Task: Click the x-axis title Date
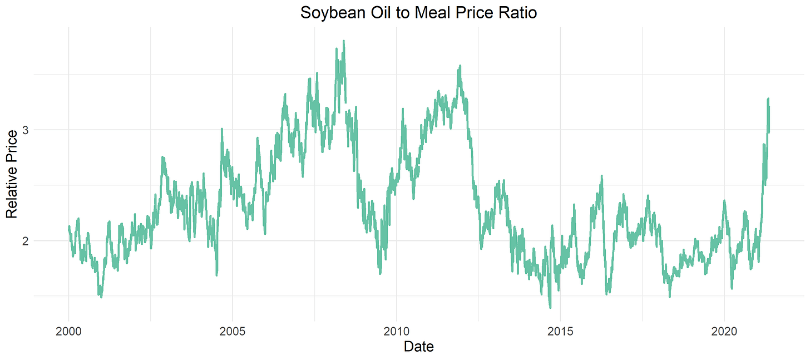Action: pos(418,347)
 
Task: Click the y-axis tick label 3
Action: pos(25,130)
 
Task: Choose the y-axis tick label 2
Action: pos(25,241)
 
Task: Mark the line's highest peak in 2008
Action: pos(344,41)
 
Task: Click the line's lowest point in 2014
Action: pos(550,307)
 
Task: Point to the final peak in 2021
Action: pos(768,99)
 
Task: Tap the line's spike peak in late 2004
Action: pos(222,129)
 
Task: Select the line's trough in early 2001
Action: pos(101,297)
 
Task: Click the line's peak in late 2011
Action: pos(460,66)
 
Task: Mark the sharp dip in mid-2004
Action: pos(216,275)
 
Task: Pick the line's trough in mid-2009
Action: pos(380,273)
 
